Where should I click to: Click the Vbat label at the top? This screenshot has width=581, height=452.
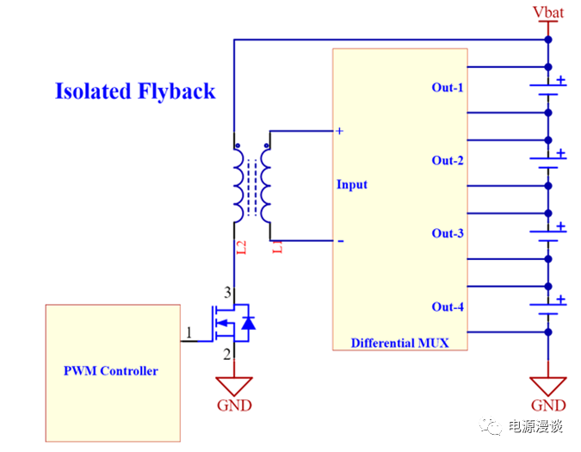547,12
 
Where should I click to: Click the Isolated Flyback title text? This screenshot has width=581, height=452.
135,91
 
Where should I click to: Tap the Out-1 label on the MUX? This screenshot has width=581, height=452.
448,88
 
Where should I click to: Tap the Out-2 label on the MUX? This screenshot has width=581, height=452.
448,161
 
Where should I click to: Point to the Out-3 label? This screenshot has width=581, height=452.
448,234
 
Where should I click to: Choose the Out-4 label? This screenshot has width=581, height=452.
448,307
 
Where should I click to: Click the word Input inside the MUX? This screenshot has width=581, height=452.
352,185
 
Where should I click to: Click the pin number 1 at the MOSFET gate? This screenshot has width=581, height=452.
189,332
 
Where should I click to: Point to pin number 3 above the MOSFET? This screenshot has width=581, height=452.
227,292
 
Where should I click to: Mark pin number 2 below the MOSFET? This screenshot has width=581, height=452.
227,354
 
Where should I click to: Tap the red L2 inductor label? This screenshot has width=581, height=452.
242,248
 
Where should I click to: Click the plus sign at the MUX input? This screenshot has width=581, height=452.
340,131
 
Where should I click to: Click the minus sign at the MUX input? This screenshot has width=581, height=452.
340,242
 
